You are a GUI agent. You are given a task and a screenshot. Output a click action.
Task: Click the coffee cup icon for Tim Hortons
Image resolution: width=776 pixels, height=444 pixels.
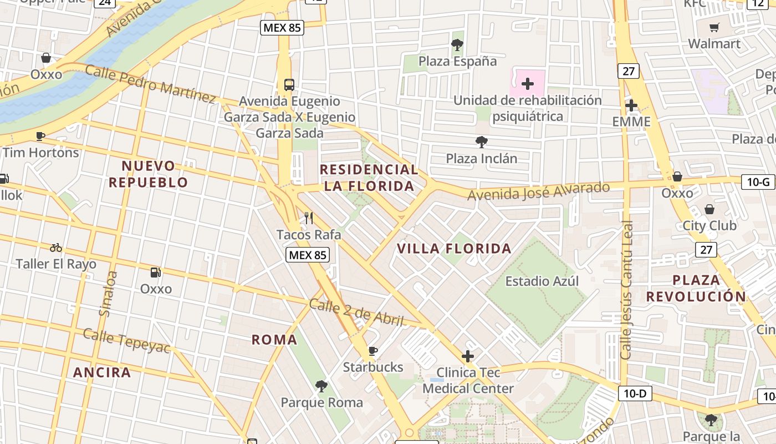pyautogui.click(x=40, y=136)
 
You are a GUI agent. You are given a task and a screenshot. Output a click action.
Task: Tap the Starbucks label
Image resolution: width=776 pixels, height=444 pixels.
pyautogui.click(x=373, y=367)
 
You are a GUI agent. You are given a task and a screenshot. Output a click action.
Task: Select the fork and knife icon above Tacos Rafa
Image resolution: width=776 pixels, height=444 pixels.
pyautogui.click(x=309, y=218)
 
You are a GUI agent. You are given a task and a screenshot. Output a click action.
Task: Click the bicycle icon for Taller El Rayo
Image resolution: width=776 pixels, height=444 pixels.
pyautogui.click(x=56, y=248)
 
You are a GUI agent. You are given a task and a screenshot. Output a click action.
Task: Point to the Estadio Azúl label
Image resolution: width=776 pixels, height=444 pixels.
pyautogui.click(x=542, y=281)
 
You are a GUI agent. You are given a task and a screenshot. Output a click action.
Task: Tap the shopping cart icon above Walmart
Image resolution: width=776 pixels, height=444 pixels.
pyautogui.click(x=714, y=27)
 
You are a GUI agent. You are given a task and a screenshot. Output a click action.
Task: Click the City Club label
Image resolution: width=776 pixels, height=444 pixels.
pyautogui.click(x=709, y=225)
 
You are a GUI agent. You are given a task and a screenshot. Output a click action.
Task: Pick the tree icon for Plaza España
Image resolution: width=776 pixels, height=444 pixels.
pyautogui.click(x=457, y=45)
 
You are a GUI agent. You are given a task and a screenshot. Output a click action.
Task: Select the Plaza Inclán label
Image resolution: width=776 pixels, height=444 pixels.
pyautogui.click(x=482, y=159)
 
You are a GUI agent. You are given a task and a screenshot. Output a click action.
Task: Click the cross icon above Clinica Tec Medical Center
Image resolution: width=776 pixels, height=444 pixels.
pyautogui.click(x=468, y=356)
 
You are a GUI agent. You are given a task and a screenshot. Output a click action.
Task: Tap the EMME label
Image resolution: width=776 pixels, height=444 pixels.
pyautogui.click(x=631, y=122)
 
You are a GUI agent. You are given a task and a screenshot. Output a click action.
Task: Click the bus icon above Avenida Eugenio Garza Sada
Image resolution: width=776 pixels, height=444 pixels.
pyautogui.click(x=289, y=85)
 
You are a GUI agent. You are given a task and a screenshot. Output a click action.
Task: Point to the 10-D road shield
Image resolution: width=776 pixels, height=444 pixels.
pyautogui.click(x=635, y=394)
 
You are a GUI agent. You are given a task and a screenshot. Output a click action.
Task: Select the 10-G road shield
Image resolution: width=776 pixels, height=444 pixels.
pyautogui.click(x=758, y=181)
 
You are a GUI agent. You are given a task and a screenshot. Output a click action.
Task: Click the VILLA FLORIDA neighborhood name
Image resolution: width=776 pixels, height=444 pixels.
pyautogui.click(x=454, y=249)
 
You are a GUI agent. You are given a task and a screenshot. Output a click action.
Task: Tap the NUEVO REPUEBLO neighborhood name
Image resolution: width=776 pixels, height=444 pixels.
pyautogui.click(x=148, y=174)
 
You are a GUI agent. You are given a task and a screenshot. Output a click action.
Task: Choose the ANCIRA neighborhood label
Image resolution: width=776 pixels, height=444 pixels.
pyautogui.click(x=102, y=372)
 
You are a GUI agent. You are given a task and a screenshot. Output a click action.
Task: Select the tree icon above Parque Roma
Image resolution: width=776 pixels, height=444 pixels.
pyautogui.click(x=321, y=386)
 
